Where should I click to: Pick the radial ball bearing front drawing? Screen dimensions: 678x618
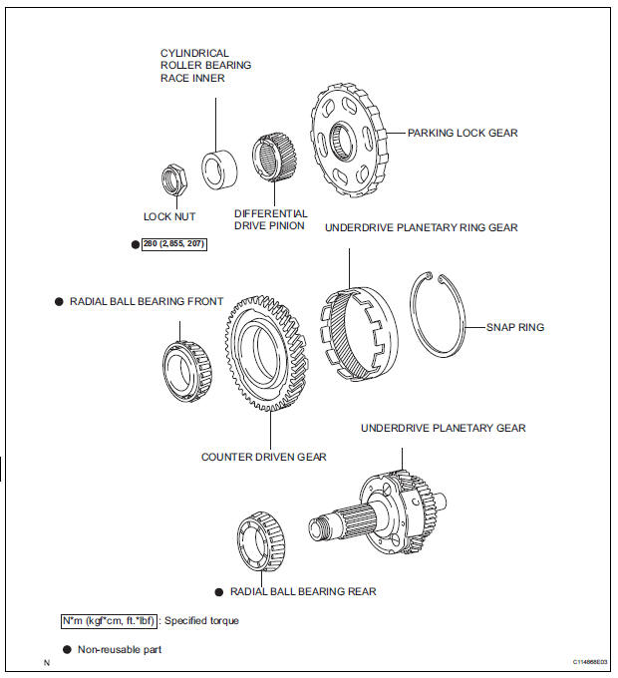(x=186, y=356)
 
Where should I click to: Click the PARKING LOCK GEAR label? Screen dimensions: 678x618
(x=463, y=133)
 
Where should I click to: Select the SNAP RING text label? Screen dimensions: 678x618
(x=515, y=326)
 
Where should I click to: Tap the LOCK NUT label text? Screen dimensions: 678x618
(x=169, y=215)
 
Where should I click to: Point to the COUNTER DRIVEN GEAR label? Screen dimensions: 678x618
(x=264, y=458)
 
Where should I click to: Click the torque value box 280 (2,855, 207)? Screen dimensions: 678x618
(x=174, y=243)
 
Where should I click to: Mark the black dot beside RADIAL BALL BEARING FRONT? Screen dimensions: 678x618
(x=59, y=301)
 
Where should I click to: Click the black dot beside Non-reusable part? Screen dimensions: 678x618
(x=66, y=649)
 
